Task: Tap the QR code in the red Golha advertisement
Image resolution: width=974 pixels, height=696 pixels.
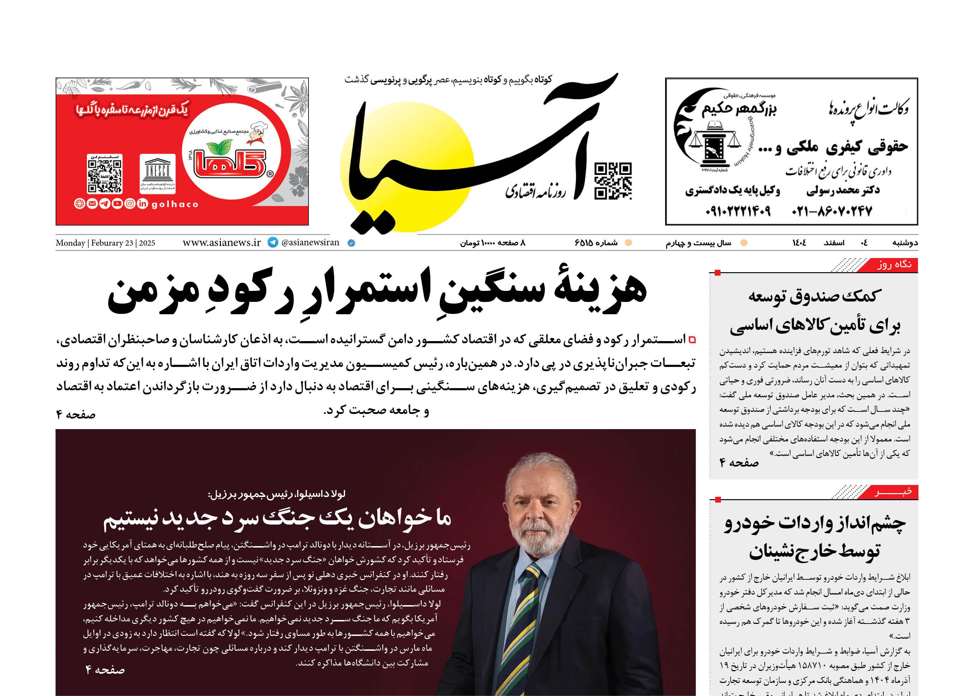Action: point(105,174)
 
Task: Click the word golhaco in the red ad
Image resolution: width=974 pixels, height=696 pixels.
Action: point(175,204)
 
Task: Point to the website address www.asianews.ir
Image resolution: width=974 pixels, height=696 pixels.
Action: point(222,243)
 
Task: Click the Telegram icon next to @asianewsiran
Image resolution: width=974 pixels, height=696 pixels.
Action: point(272,242)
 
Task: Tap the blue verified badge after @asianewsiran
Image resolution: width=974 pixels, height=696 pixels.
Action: point(351,243)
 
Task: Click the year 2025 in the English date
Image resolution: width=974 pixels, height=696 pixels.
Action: point(147,243)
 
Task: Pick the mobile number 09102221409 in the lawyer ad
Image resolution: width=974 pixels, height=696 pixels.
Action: point(738,211)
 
